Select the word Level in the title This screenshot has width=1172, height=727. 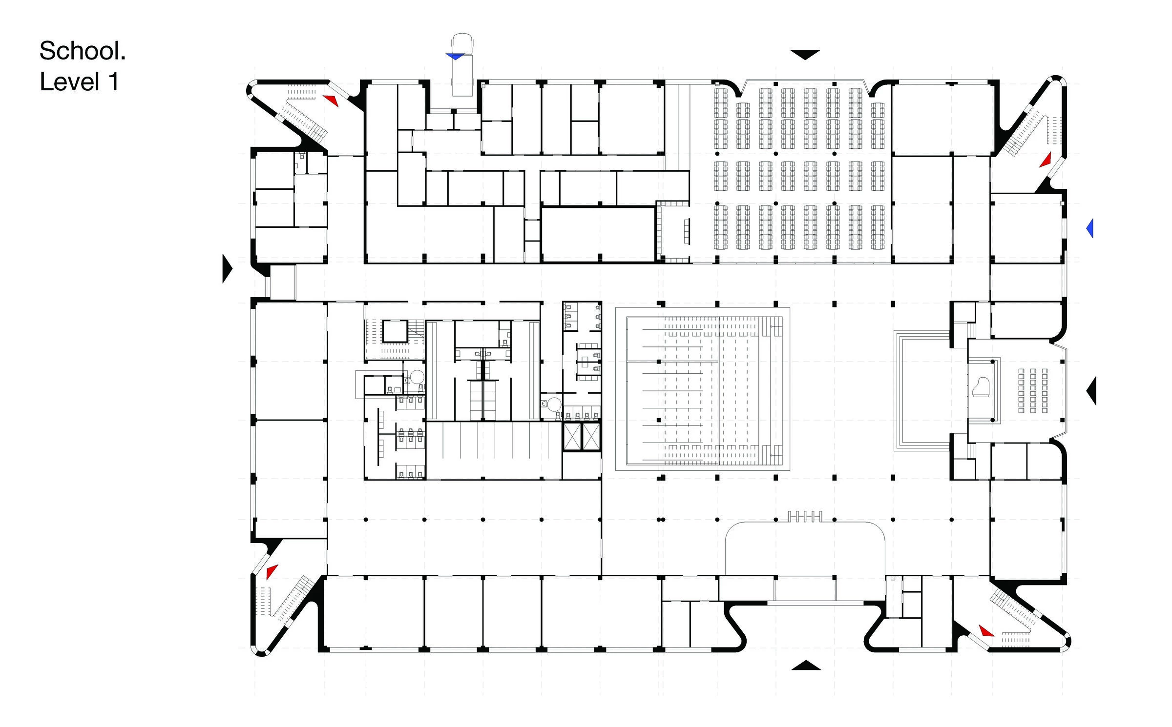tap(70, 81)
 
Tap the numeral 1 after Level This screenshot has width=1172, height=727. tap(114, 81)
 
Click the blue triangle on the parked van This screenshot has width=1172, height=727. tap(455, 57)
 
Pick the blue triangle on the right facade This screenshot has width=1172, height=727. tap(1090, 228)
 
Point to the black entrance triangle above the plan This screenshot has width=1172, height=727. tap(805, 55)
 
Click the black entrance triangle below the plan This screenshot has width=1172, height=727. tap(806, 665)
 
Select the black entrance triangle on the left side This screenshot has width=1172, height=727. tap(227, 268)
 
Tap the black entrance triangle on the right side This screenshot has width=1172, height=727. tap(1092, 390)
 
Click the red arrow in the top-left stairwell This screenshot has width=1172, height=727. tap(331, 100)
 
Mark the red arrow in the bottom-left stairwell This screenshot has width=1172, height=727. tap(272, 571)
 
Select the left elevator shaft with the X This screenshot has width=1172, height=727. tap(572, 437)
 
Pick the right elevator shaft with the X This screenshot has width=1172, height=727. tap(590, 437)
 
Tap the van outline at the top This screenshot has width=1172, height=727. tap(462, 64)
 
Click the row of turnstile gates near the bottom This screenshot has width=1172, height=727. tap(805, 516)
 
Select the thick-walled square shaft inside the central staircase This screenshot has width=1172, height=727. tap(395, 331)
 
